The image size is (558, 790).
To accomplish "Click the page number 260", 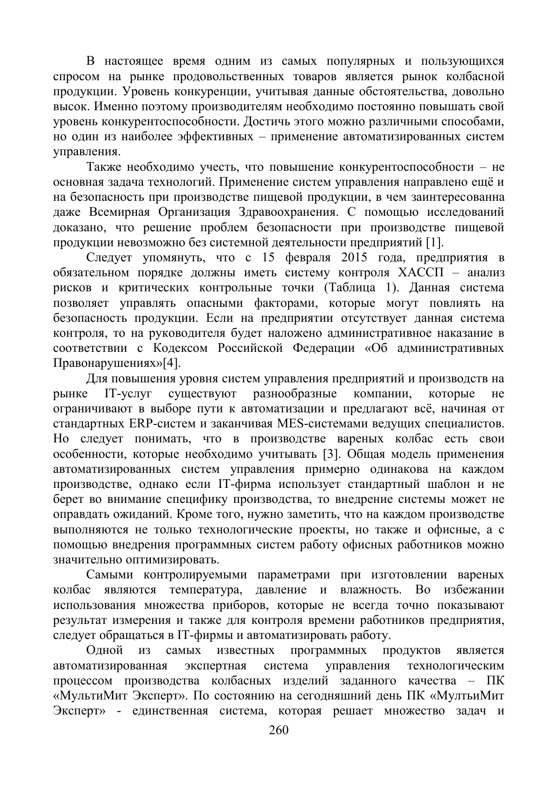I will [279, 729].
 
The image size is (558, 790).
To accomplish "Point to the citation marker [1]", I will [434, 243].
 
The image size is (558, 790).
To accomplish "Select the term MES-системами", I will [323, 424].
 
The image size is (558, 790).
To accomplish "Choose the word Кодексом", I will [180, 348].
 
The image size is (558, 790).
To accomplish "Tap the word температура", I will [206, 590].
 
